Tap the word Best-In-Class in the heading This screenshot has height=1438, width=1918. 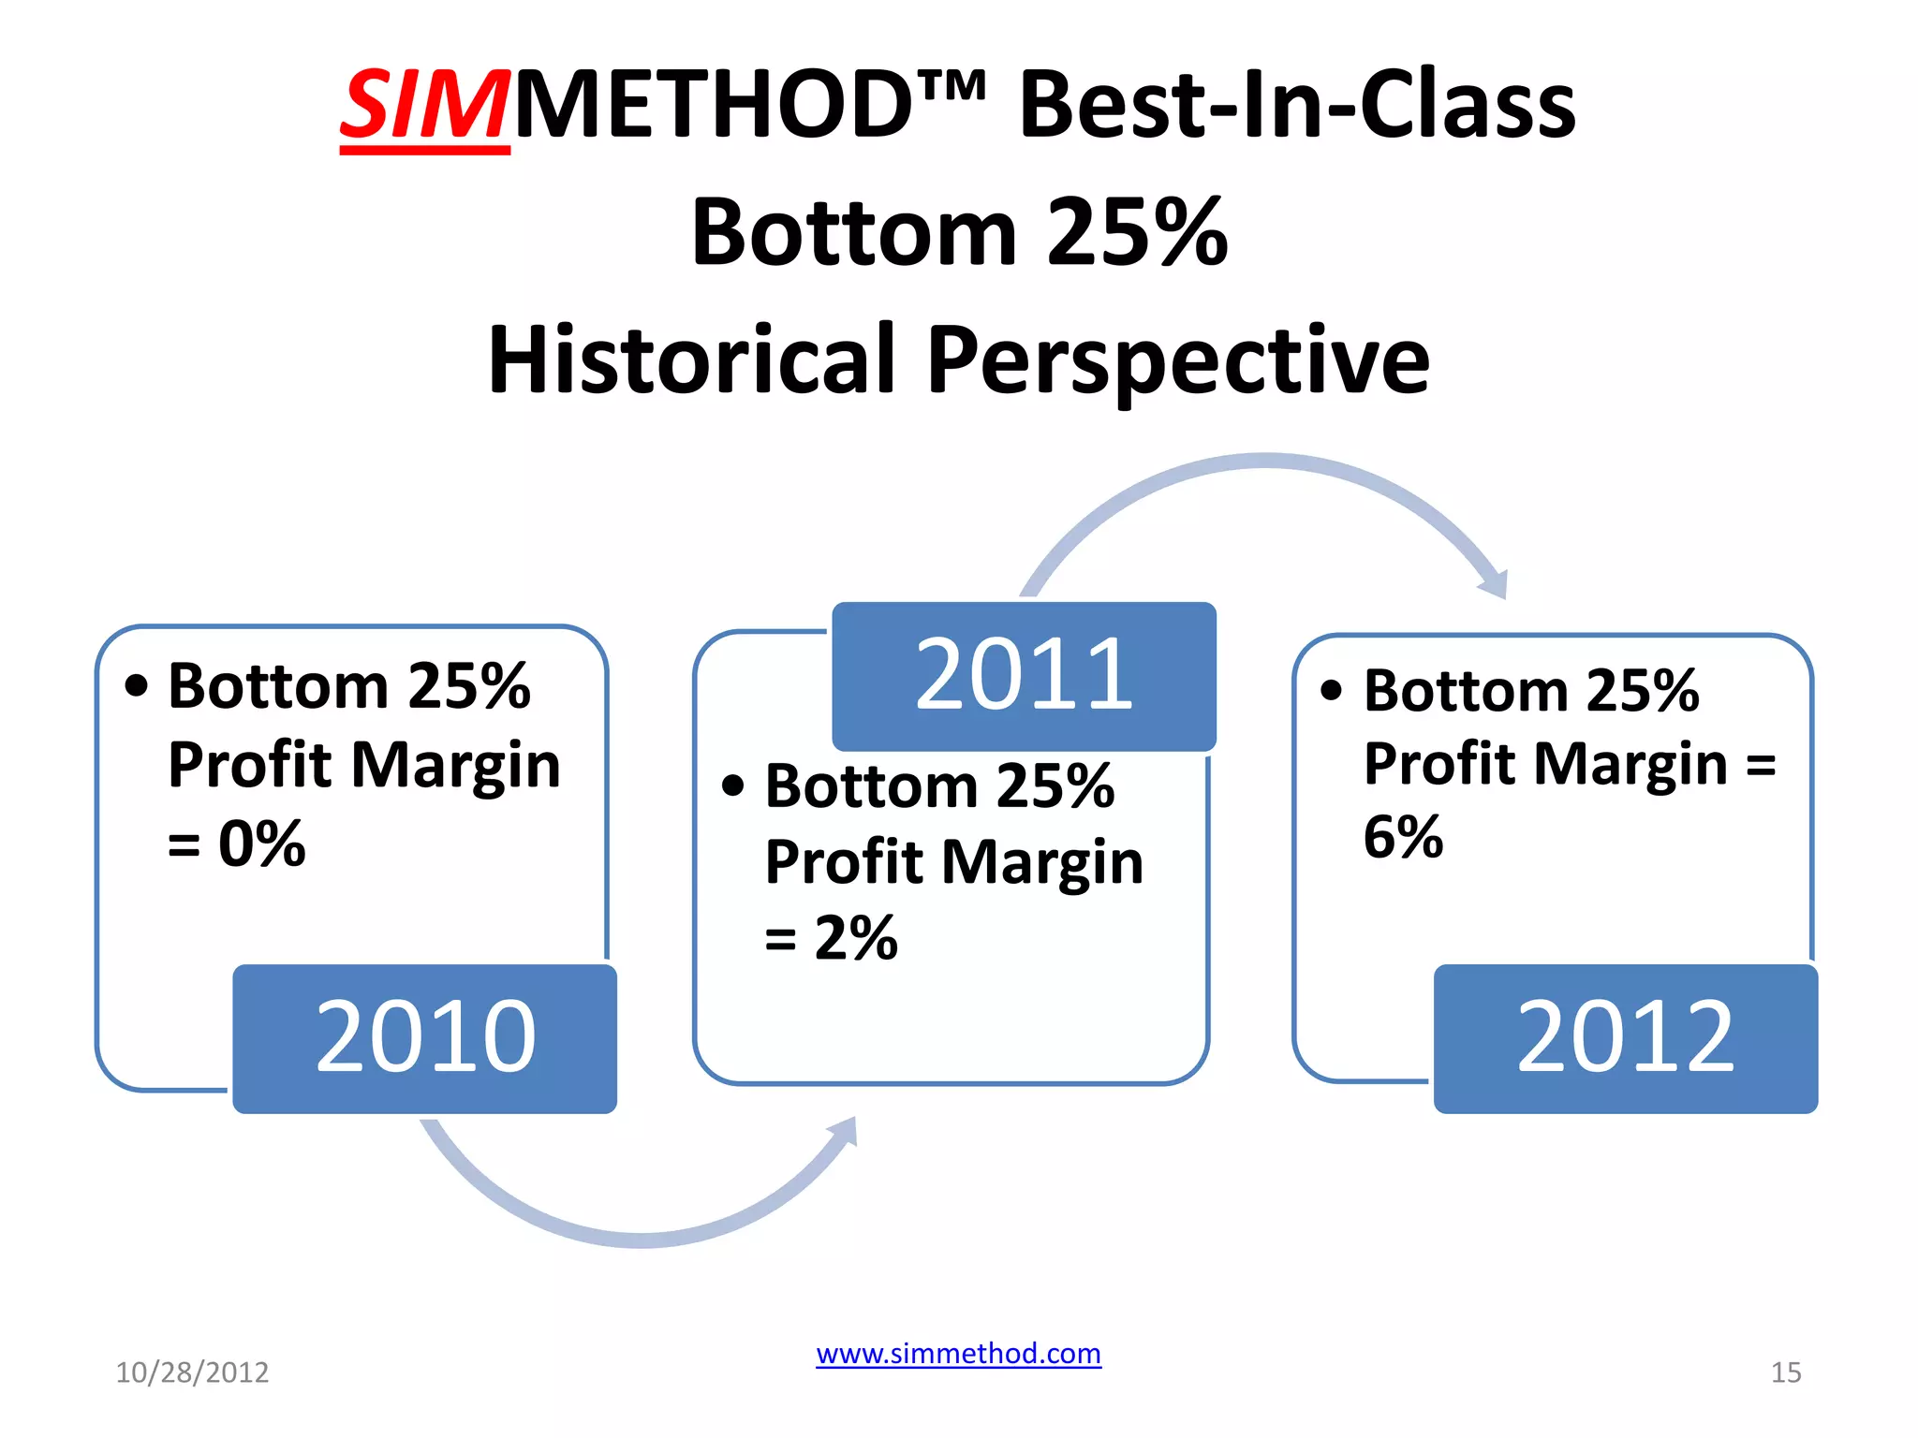point(1297,105)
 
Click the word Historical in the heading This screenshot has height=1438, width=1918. point(692,359)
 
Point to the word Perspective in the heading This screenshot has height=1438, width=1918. point(1178,361)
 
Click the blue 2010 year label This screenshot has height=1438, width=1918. point(425,1037)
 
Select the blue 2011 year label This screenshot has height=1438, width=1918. point(1024,674)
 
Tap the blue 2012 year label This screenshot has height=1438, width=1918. point(1625,1037)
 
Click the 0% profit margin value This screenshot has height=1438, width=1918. point(261,843)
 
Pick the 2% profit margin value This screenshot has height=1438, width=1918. point(856,937)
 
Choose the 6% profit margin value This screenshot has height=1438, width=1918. point(1402,836)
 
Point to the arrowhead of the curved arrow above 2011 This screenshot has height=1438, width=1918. point(1495,584)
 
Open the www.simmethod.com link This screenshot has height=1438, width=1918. point(958,1354)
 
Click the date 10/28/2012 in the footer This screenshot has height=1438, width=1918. point(192,1372)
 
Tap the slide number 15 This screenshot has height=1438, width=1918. point(1785,1372)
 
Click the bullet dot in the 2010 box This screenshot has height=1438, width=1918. point(137,686)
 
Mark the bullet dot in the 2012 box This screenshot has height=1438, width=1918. point(1331,691)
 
